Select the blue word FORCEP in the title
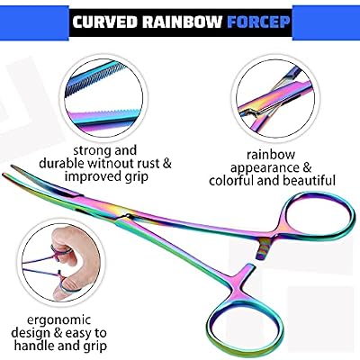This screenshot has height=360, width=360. pyautogui.click(x=258, y=22)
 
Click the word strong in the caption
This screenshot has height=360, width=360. pyautogui.click(x=93, y=151)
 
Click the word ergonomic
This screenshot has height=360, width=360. pyautogui.click(x=58, y=320)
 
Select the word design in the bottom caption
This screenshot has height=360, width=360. pyautogui.click(x=31, y=333)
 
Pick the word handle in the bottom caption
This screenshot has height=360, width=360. pyautogui.click(x=33, y=346)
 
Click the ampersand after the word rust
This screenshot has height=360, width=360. pyautogui.click(x=166, y=164)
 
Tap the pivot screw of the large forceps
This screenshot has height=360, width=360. pyautogui.click(x=128, y=215)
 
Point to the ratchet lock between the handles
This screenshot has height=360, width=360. pyautogui.click(x=264, y=247)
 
